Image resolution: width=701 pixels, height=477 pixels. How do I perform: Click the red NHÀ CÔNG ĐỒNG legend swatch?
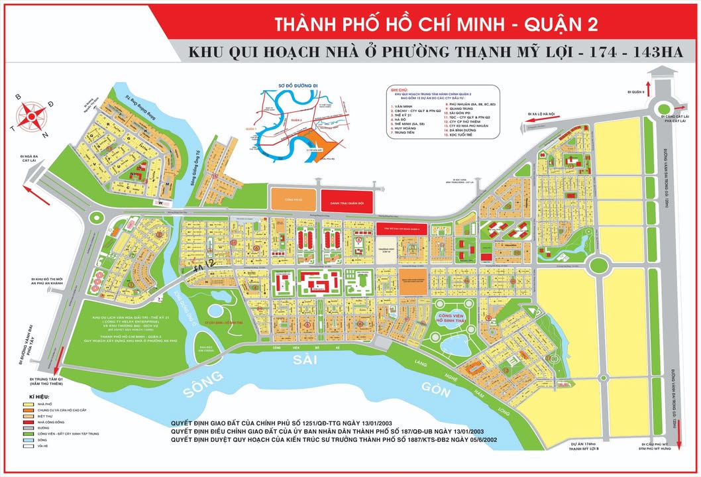click(x=27, y=421)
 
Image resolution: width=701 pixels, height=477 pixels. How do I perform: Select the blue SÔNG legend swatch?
click(x=27, y=439)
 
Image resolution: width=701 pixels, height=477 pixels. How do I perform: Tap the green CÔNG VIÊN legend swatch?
click(x=27, y=433)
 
